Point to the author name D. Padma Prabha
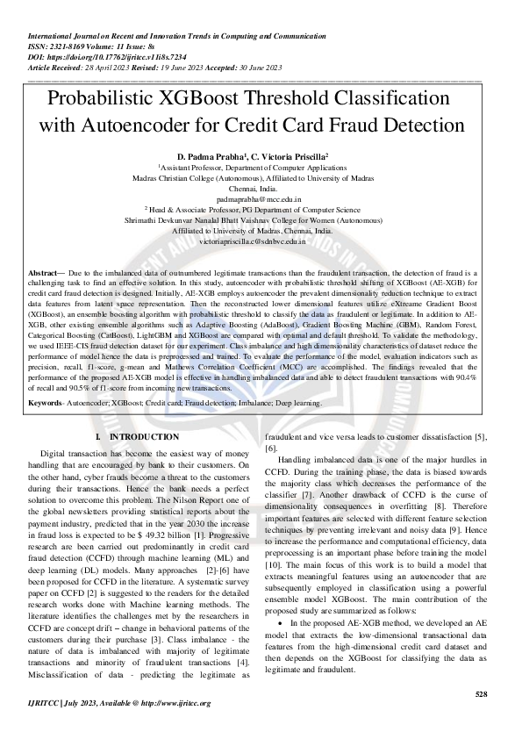coord(220,154)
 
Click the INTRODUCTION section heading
coord(144,436)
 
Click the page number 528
coord(480,694)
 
